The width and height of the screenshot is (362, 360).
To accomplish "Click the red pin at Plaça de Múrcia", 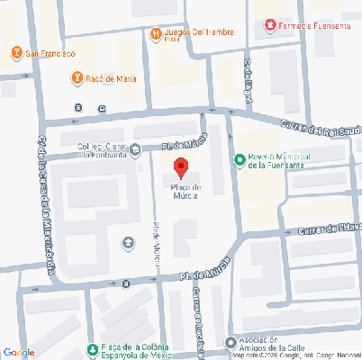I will pos(180,166).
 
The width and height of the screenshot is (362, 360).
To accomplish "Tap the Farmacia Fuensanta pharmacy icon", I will pos(268,26).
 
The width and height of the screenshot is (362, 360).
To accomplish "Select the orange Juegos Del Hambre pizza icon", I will pos(156,33).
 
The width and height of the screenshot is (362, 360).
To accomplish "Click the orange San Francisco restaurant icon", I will pos(17,53).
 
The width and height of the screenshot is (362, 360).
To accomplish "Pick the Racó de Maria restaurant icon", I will pos(77,78).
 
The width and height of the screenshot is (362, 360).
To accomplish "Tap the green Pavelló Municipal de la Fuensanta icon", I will pos(239,160).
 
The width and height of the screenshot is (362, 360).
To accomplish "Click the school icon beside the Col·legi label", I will pos(135,150).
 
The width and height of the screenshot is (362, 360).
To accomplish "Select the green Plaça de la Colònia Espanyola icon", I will pos(91,349).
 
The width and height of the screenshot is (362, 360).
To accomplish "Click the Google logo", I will pos(18,352).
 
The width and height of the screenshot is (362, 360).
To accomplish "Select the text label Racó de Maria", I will pos(112,78).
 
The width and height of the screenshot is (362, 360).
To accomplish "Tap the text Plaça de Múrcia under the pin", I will pos(180,191).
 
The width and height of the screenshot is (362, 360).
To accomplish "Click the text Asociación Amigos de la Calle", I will pos(270,344).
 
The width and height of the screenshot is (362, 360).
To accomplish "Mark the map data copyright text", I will pos(297,355).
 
